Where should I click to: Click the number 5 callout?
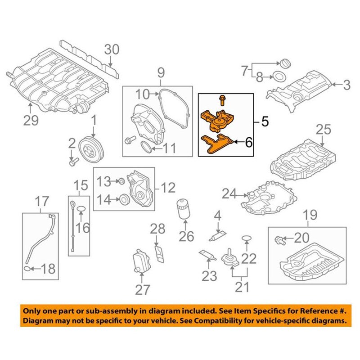[264, 121]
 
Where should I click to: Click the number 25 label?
[323, 131]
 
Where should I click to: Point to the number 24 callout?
[229, 194]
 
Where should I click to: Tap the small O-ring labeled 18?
[28, 269]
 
